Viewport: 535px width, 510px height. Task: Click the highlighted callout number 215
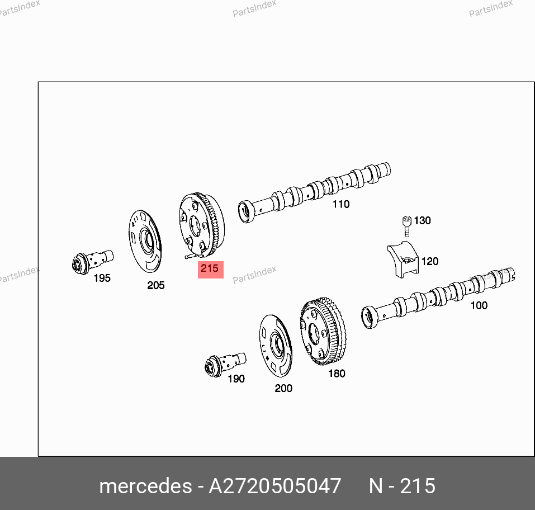[210, 268]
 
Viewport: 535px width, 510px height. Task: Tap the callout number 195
[102, 278]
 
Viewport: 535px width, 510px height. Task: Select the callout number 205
[156, 285]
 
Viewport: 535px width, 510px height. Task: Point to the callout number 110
[341, 204]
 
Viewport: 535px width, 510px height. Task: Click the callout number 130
[423, 220]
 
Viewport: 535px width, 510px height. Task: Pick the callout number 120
[430, 262]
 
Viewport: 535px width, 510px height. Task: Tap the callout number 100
[479, 305]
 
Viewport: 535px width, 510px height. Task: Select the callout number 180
[337, 374]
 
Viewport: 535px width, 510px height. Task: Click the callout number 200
[283, 388]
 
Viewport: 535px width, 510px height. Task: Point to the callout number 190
[236, 379]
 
